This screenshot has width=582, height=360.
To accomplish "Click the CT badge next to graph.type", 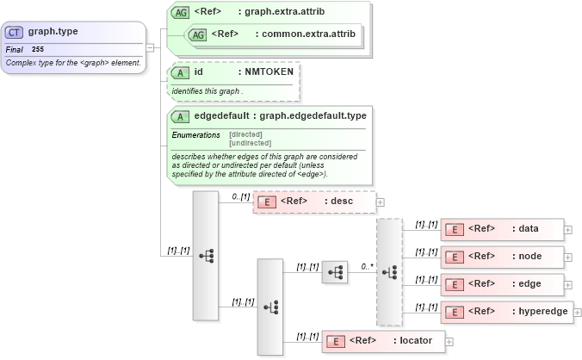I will coord(15,32).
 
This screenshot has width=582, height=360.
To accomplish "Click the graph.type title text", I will coord(53,32).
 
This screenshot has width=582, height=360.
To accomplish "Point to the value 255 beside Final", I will coord(38,50).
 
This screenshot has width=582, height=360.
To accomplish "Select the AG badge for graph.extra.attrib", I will coord(181,13).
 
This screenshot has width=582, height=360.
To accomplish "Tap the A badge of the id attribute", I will coord(180,73).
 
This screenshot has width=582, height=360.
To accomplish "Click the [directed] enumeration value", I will coord(246,134).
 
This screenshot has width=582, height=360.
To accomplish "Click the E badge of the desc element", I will coord(267,202).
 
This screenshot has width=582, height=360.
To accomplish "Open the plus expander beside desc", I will coord(381,202).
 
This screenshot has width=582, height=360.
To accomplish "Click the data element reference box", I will coord(502,229).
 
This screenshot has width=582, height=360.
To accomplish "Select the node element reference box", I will coord(502,257).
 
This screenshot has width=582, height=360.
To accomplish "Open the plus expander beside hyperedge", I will coord(577,313).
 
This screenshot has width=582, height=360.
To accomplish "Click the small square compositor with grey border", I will coord(334,272).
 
